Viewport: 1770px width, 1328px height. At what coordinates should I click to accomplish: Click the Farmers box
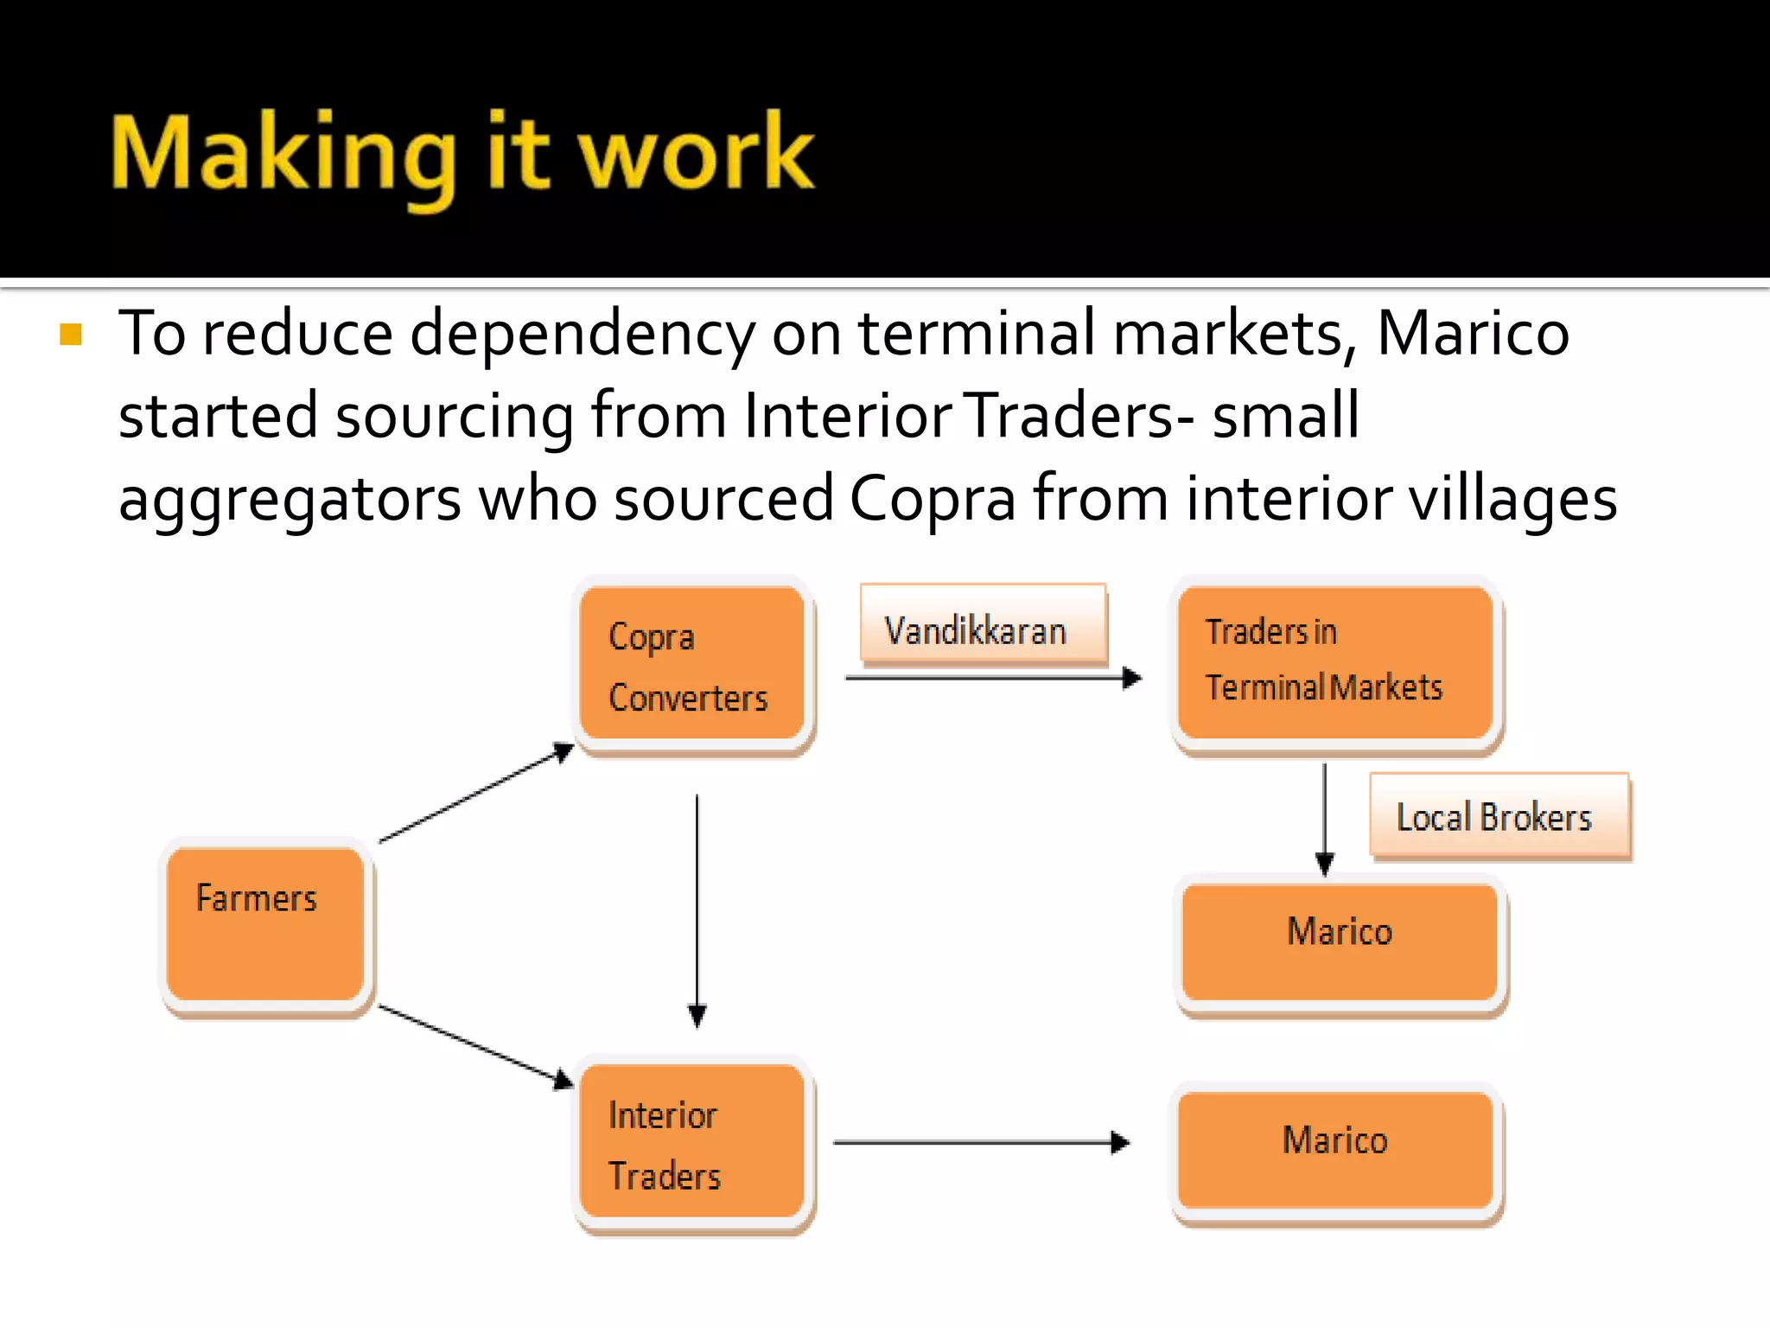(265, 923)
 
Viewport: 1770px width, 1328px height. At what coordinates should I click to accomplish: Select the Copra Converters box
(692, 663)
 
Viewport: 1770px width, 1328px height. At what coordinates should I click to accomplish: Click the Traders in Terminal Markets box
(1335, 662)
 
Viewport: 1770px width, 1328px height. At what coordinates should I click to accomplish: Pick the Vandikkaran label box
(984, 624)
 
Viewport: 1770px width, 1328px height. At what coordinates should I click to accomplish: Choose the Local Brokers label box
(1499, 816)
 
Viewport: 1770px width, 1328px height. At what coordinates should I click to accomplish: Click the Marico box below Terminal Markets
(1340, 941)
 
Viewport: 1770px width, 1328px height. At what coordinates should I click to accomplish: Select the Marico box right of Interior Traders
(1335, 1148)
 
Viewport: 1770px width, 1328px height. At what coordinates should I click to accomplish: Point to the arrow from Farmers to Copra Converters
(475, 793)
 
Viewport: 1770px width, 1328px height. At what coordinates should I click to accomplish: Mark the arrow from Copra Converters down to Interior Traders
(697, 908)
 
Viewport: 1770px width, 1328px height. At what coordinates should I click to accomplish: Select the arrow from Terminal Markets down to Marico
(1324, 817)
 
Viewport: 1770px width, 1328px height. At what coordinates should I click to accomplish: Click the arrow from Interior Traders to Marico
(980, 1142)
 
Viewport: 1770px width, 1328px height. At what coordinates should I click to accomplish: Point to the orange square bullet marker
(71, 335)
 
